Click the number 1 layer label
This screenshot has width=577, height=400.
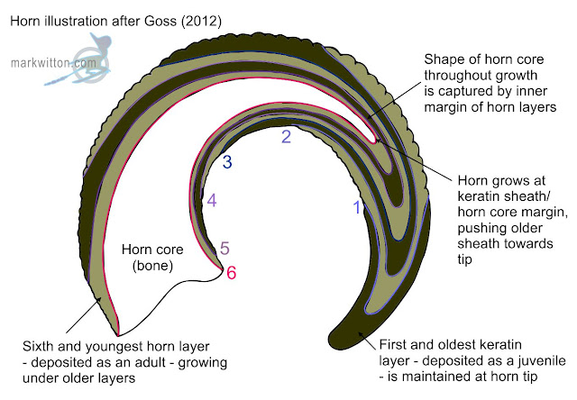pos(356,208)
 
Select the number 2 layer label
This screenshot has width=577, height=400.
pos(287,138)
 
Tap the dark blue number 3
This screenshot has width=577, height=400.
pos(228,163)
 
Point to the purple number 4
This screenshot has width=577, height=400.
pos(211,202)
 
